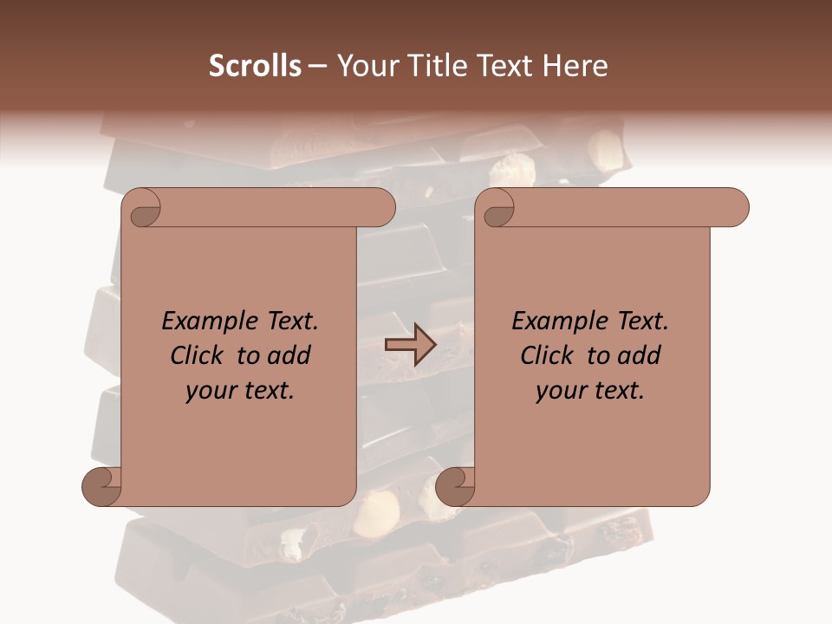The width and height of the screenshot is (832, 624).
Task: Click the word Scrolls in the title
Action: [255, 66]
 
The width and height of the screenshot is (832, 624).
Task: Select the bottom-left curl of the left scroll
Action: [102, 485]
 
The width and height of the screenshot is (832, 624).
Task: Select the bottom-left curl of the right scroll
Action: [456, 485]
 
